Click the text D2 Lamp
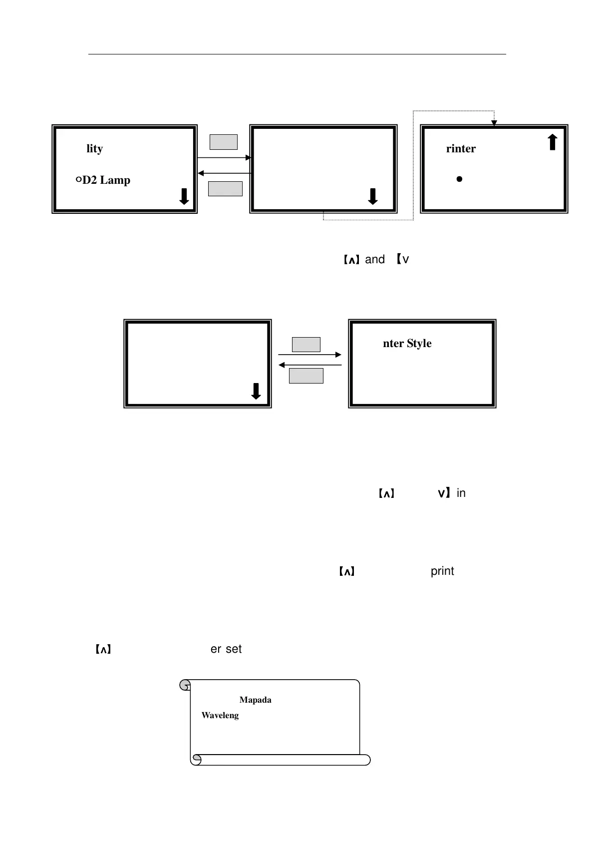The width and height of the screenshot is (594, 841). [x=106, y=180]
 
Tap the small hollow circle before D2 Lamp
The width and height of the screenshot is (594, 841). [x=78, y=180]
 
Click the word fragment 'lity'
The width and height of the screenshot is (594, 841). [x=94, y=149]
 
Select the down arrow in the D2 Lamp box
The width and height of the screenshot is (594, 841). [x=184, y=196]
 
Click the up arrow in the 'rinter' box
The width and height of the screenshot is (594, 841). [x=552, y=142]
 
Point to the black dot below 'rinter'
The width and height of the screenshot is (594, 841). [x=459, y=179]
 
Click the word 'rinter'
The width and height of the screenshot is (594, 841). [x=461, y=149]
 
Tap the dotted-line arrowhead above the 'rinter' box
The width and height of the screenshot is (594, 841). [x=494, y=123]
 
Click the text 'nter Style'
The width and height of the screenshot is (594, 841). [x=407, y=344]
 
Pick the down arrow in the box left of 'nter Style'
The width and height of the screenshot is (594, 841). [x=256, y=391]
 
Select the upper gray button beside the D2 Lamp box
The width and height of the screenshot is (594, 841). [x=223, y=142]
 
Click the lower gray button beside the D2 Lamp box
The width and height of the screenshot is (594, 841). [x=225, y=189]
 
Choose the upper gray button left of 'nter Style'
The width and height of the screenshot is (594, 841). [x=306, y=345]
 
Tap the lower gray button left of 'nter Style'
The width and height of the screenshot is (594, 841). [x=306, y=376]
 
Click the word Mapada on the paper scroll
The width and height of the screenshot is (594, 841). [x=255, y=700]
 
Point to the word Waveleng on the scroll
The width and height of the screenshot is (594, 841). [x=220, y=716]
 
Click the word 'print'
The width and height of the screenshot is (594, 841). [x=442, y=571]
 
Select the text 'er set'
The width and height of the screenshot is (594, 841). [x=226, y=649]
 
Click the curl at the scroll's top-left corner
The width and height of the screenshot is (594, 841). [x=185, y=685]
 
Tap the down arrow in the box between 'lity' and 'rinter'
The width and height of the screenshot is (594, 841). [x=372, y=196]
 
